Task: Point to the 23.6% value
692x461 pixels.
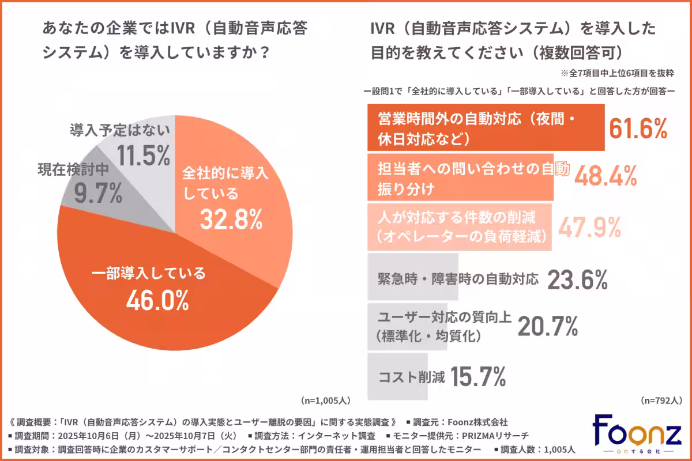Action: pyautogui.click(x=577, y=280)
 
